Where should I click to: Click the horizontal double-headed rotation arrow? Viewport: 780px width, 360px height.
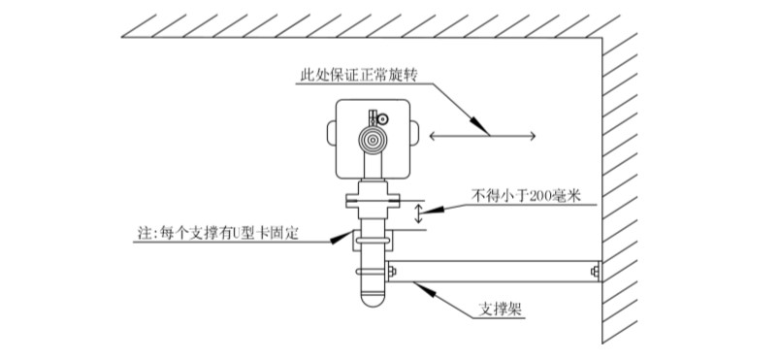tap(481, 135)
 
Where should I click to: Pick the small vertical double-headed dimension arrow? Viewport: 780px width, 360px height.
tap(419, 213)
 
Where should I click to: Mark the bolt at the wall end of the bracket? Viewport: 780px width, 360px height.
tap(594, 272)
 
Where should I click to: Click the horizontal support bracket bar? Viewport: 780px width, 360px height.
tap(495, 272)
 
